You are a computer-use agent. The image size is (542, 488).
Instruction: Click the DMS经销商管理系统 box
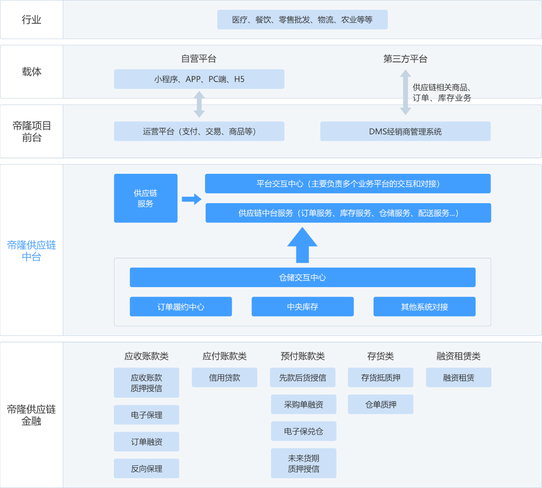405,131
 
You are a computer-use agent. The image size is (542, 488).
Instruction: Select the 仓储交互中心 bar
302,277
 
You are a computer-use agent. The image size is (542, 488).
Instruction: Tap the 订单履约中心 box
181,307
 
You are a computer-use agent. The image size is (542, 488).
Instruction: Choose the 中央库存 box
302,307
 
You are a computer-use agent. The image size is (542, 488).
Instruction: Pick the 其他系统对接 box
424,307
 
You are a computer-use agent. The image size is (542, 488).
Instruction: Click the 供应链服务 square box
145,198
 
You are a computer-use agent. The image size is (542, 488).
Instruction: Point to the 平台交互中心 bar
348,184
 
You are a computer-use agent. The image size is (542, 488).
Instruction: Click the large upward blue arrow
302,245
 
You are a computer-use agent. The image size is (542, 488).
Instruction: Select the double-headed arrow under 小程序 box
199,104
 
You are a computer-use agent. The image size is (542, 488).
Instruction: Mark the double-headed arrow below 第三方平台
406,93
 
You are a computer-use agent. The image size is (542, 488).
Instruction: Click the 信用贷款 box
224,377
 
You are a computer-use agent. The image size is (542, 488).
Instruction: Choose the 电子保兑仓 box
304,431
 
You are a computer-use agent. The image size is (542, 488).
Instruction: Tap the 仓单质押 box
380,404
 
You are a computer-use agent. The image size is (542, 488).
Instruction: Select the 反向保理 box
146,469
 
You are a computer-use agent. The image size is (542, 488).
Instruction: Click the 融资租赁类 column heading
458,356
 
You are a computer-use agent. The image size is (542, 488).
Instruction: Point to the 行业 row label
32,20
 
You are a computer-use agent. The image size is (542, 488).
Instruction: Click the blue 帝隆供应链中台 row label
32,251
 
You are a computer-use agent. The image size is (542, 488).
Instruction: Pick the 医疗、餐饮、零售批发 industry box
302,20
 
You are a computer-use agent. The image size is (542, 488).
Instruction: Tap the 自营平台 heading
199,59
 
